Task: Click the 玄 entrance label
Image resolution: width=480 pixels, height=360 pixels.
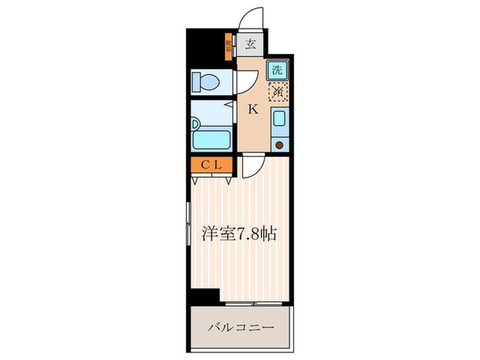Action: click(250, 45)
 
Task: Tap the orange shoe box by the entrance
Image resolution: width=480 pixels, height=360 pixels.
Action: click(228, 47)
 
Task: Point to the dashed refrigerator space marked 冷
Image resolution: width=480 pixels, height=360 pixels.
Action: click(277, 91)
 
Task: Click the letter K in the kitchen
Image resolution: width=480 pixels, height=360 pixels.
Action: click(252, 108)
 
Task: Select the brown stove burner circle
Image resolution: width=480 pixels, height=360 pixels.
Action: click(279, 144)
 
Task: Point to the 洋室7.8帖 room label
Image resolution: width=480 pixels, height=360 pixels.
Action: click(238, 233)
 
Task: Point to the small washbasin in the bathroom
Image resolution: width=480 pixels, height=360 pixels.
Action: click(195, 125)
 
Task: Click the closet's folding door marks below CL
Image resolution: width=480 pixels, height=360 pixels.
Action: click(212, 180)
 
